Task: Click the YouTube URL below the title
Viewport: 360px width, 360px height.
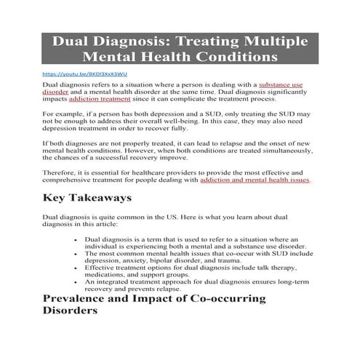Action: coord(75,73)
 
